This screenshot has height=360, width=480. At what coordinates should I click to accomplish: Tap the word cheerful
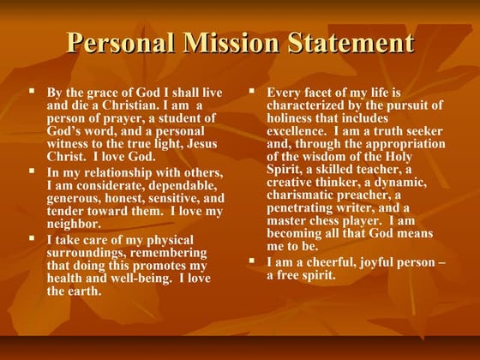tap(330, 261)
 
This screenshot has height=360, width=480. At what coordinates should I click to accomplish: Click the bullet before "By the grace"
tap(33, 90)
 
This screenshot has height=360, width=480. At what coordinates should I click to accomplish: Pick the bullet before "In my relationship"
tap(33, 171)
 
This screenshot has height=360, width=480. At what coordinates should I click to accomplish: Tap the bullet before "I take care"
tap(33, 238)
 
